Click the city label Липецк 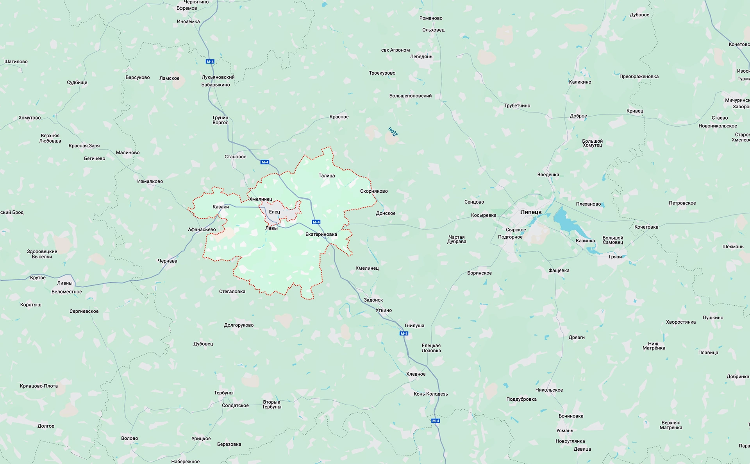pos(531,212)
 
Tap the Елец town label pos(274,212)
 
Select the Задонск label pos(373,300)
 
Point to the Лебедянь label pos(421,57)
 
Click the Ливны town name pos(65,283)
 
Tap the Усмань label pos(564,430)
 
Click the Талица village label pos(327,176)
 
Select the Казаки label pos(221,207)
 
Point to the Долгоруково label pos(239,325)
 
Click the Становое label pos(235,157)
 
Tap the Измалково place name pos(150,181)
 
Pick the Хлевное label pos(416,374)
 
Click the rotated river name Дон pos(393,131)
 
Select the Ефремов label pos(187,8)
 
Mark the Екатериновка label pos(321,235)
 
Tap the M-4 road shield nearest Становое pos(265,162)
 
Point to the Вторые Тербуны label pos(271,404)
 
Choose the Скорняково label pos(374,191)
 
